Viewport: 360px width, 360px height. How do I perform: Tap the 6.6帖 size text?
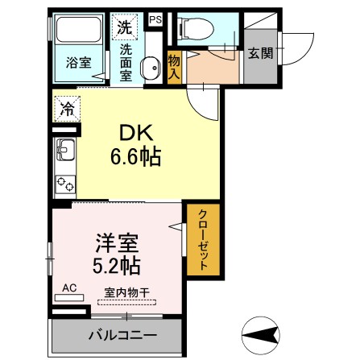point(136,155)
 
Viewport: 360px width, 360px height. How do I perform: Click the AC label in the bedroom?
point(68,287)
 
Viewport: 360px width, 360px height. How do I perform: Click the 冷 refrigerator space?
point(68,108)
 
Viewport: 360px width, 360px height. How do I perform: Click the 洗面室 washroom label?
point(126,60)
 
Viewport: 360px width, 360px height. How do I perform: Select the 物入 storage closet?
point(174,65)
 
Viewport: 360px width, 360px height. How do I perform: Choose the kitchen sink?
point(64,151)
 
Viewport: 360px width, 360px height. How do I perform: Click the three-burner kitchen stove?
point(64,183)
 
